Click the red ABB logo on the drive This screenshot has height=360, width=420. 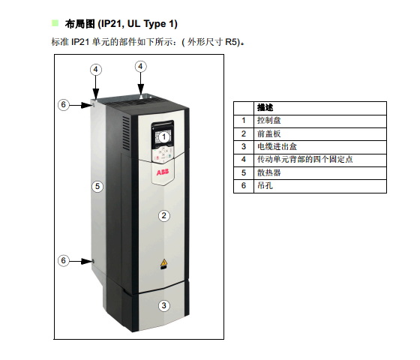click(x=163, y=172)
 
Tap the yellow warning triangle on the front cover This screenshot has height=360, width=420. click(x=163, y=262)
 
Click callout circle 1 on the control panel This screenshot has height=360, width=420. click(x=164, y=137)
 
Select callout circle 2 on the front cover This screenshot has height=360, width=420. click(x=164, y=216)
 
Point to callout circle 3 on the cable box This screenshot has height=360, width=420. click(x=164, y=305)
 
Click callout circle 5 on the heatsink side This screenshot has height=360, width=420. click(x=97, y=186)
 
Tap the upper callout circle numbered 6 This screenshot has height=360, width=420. click(x=64, y=104)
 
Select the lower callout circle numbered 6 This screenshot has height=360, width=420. click(x=64, y=260)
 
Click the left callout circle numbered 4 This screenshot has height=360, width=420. click(x=96, y=70)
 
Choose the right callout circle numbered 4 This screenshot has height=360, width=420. click(x=141, y=67)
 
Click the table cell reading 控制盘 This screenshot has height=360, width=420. click(x=320, y=121)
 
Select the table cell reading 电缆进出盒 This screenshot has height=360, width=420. click(x=320, y=147)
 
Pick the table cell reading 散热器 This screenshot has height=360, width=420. click(x=320, y=173)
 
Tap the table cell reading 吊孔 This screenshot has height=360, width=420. click(x=320, y=186)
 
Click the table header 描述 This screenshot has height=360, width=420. click(x=265, y=108)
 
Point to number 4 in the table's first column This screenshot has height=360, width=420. click(x=244, y=160)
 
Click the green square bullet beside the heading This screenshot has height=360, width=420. click(x=55, y=23)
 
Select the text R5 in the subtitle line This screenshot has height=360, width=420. click(x=231, y=42)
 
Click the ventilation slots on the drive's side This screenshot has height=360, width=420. click(x=126, y=133)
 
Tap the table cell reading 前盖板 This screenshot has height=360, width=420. click(x=320, y=134)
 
